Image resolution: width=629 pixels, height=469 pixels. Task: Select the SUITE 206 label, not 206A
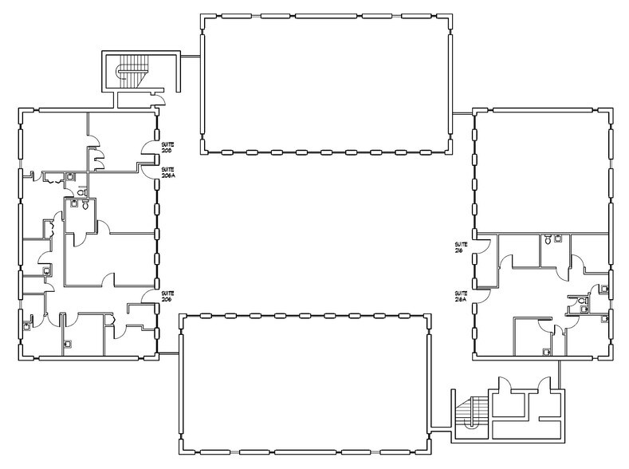coord(167,295)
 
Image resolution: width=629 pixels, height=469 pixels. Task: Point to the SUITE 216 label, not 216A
coord(461,246)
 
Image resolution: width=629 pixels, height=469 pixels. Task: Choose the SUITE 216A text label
coord(461,294)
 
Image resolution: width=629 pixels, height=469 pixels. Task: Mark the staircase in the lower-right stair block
coord(472,412)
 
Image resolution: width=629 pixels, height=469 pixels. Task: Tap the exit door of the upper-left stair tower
coord(159,99)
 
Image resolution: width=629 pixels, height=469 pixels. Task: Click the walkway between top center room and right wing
coord(462,114)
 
